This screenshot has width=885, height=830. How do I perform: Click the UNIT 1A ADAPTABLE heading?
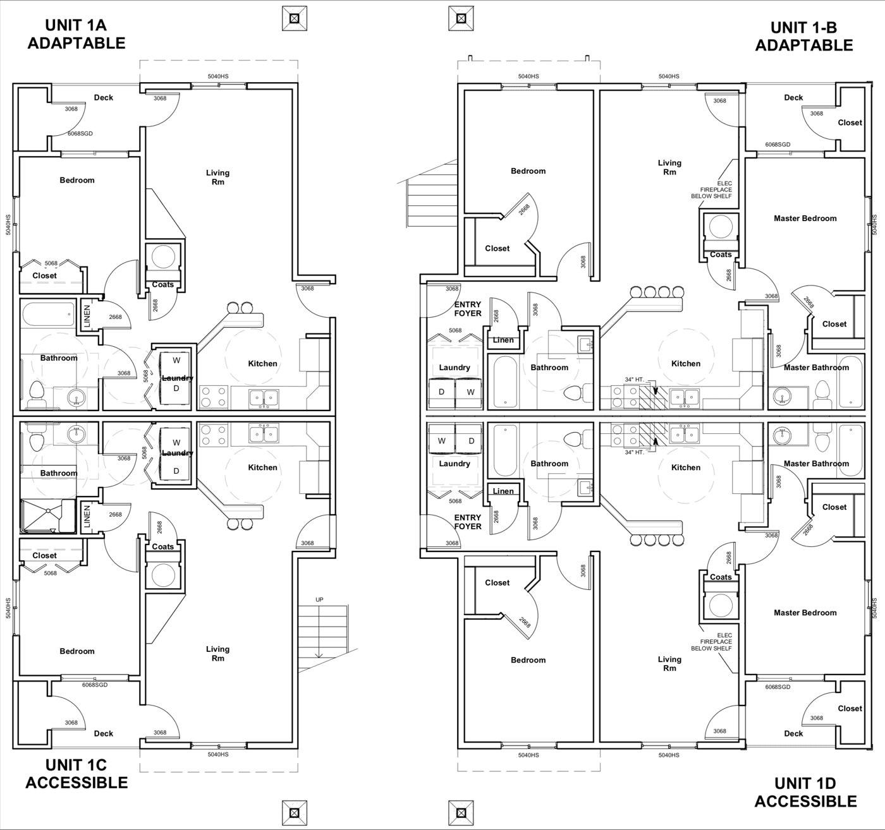pos(76,34)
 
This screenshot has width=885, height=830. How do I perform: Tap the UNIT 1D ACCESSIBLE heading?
pos(805,792)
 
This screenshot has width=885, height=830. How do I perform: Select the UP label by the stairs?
pos(319,599)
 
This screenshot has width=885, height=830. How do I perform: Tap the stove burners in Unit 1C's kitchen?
pos(214,435)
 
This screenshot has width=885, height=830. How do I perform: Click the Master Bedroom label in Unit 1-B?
pos(805,218)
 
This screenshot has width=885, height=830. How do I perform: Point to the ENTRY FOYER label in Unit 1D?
pos(468,522)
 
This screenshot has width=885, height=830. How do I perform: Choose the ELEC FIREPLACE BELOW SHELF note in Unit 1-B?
pos(712,189)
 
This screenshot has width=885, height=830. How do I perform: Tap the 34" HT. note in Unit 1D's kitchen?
pos(634,452)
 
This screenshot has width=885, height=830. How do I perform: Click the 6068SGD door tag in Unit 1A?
pos(80,133)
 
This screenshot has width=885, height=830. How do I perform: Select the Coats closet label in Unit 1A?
pos(162,284)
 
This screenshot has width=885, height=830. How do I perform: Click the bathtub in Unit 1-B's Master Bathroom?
pos(850,382)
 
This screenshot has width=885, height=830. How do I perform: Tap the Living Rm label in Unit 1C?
pos(218,653)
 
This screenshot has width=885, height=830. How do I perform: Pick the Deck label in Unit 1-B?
pos(793,97)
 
